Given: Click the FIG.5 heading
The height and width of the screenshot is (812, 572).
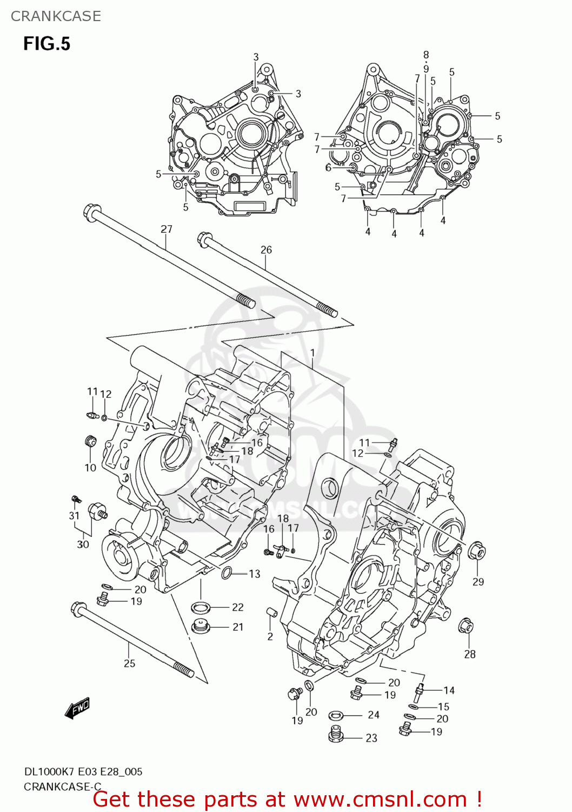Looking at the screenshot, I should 46,44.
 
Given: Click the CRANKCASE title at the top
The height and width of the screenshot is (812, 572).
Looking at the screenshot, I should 56,16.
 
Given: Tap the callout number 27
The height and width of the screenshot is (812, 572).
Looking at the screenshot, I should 166,229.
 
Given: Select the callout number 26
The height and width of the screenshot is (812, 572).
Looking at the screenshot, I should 266,250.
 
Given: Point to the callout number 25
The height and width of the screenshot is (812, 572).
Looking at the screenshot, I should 129,663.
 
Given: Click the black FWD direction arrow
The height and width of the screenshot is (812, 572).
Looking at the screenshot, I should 77,708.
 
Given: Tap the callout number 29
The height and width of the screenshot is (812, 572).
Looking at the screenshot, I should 478,581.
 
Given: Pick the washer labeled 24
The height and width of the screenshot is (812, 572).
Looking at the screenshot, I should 335,716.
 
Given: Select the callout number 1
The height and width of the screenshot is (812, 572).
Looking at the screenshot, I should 312,353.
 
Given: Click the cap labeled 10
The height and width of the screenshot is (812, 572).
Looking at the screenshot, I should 91,441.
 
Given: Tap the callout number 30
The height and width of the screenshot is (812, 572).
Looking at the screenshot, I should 83,544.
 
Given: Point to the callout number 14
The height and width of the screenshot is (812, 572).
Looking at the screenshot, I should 449,690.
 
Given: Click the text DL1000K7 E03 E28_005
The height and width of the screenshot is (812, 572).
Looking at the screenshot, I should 83,771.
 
